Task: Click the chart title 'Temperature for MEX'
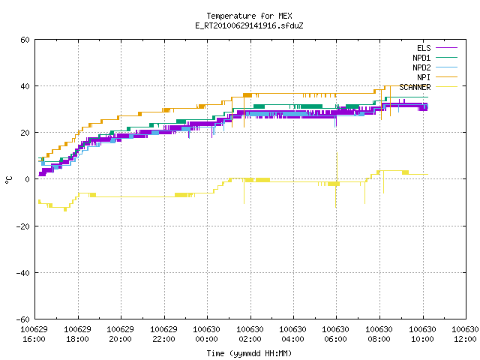249,16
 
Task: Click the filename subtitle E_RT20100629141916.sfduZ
249,25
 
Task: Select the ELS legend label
424,48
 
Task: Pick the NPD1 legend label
421,58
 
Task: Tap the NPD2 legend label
421,67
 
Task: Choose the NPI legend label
424,77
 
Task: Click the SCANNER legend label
415,87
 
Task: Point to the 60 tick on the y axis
25,40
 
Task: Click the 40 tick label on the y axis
25,86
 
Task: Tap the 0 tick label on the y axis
28,179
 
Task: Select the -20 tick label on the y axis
23,226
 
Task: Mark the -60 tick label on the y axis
23,319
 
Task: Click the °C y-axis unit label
8,180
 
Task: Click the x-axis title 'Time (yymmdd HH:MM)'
249,353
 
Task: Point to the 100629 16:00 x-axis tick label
34,334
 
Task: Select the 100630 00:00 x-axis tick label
207,334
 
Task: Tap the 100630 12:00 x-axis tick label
465,334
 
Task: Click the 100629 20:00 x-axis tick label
120,334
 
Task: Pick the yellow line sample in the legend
447,87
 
